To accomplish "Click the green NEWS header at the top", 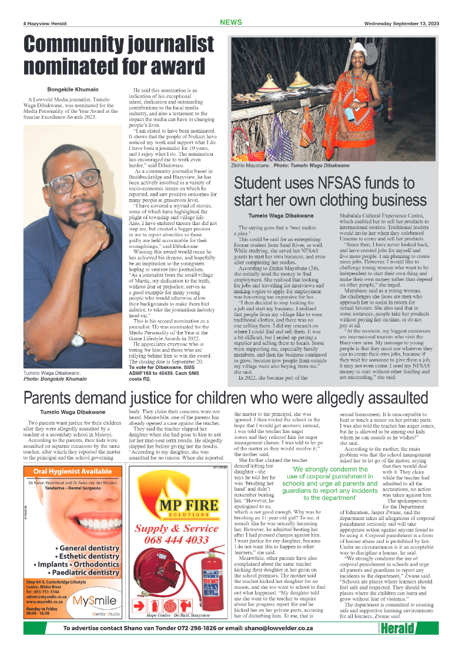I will (230, 22).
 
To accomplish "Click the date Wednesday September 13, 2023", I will (401, 24).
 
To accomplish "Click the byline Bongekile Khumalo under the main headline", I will (73, 89).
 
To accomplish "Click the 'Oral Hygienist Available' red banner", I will (72, 472).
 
